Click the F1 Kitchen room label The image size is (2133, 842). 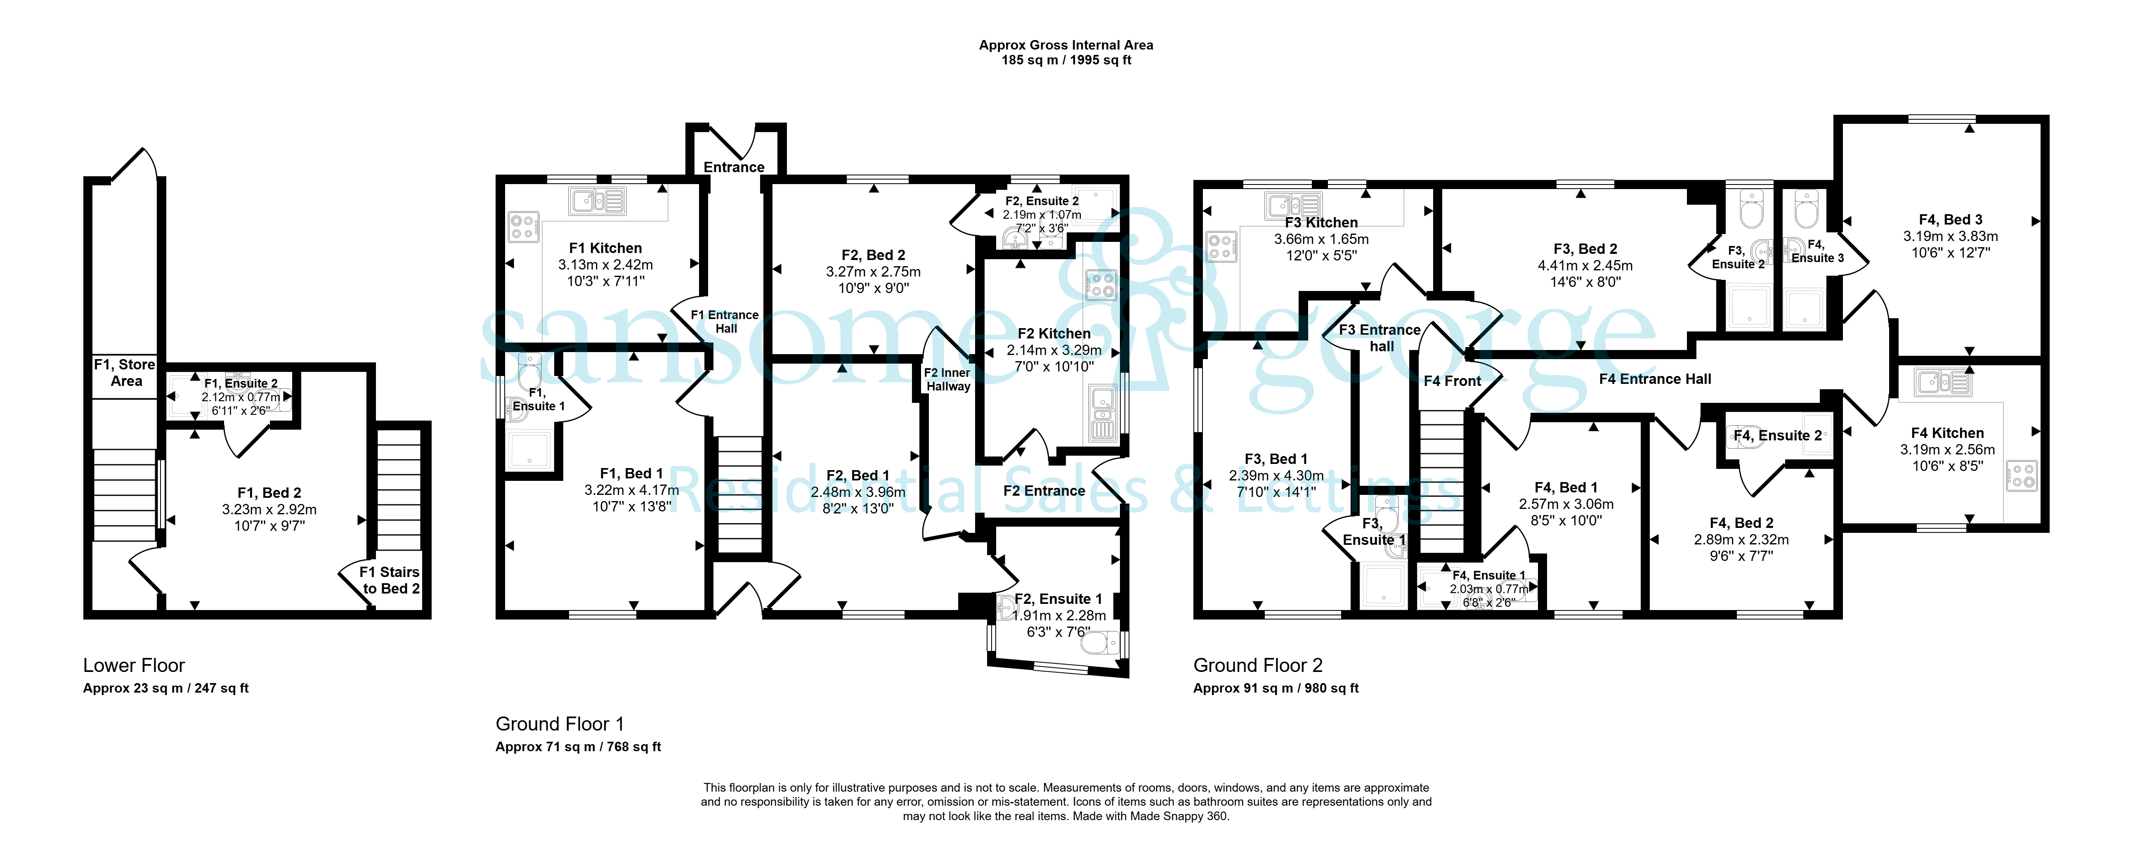pyautogui.click(x=605, y=248)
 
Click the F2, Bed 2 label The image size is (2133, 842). pyautogui.click(x=874, y=255)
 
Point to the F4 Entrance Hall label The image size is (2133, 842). pyautogui.click(x=1654, y=379)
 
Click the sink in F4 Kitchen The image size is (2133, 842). pyautogui.click(x=1942, y=383)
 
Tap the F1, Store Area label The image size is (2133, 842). pyautogui.click(x=125, y=373)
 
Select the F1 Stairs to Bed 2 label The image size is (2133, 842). pyautogui.click(x=390, y=580)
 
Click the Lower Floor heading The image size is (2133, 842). pyautogui.click(x=134, y=666)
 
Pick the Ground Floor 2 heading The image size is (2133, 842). pyautogui.click(x=1258, y=666)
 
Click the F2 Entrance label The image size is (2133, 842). pyautogui.click(x=1044, y=491)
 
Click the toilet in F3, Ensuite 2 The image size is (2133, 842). pyautogui.click(x=1751, y=211)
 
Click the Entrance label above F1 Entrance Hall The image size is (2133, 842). pyautogui.click(x=734, y=167)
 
